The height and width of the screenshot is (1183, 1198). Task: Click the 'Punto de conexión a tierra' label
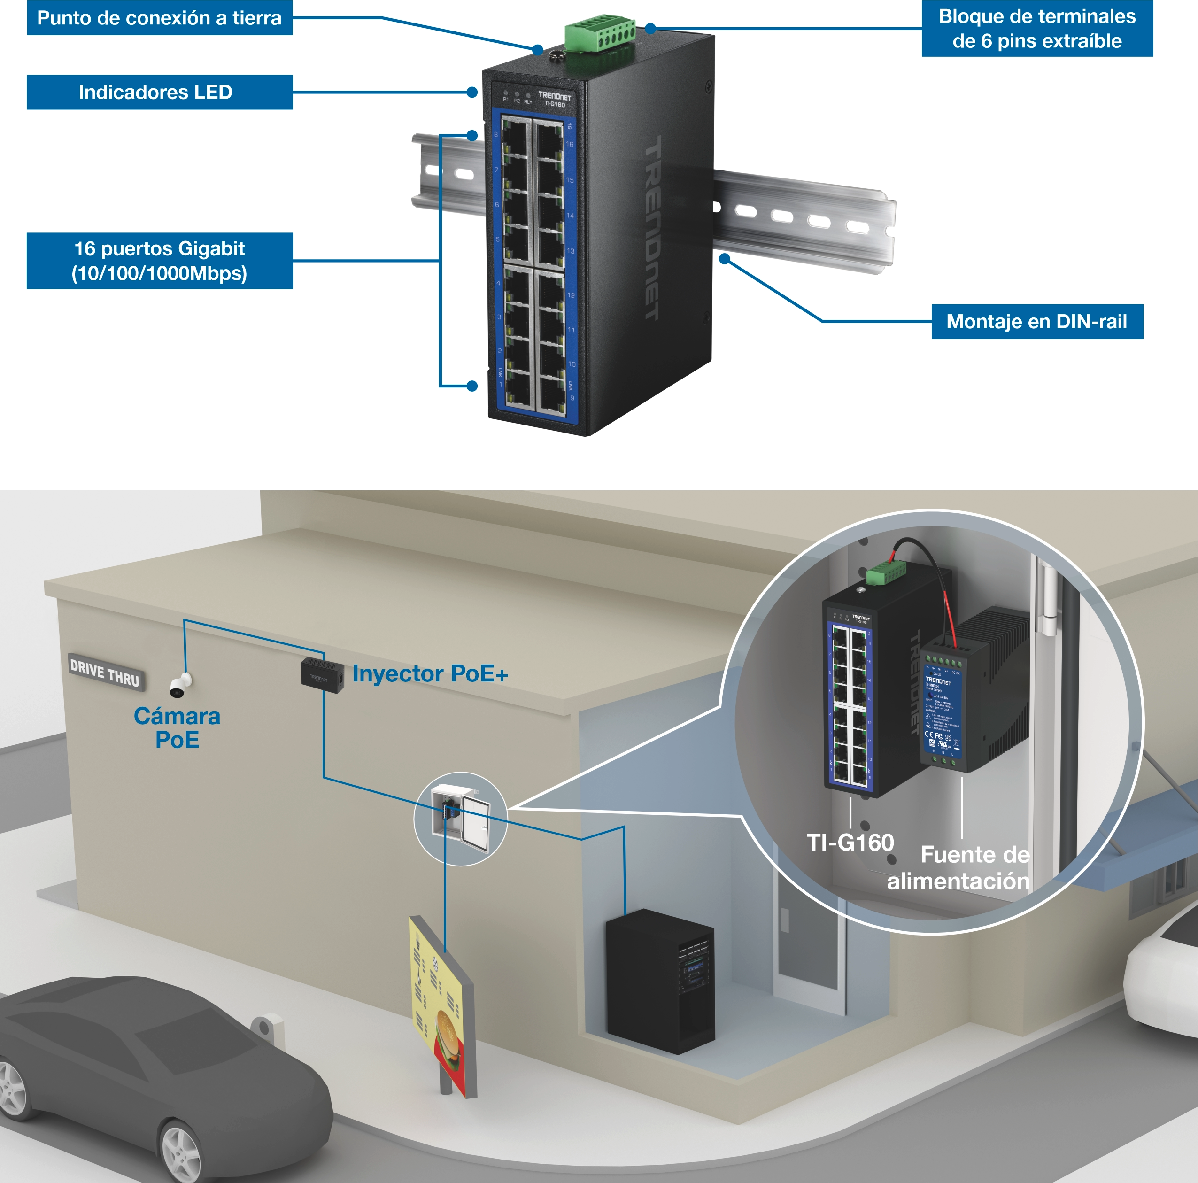(159, 18)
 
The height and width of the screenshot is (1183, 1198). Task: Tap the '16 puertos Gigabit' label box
(159, 260)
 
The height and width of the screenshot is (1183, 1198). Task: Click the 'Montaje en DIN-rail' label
(1037, 321)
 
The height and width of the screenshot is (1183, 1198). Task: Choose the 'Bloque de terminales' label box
(1037, 29)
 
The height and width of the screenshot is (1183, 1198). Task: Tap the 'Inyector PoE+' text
(430, 673)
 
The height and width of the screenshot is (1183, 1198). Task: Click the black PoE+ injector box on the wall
(322, 676)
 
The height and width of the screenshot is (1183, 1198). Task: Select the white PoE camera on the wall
(180, 685)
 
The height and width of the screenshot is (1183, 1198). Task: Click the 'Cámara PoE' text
(178, 728)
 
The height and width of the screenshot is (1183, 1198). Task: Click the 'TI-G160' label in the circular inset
(850, 843)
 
